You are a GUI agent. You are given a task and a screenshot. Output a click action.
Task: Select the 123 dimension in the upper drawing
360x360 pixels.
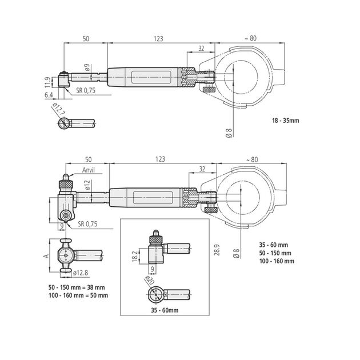coord(158,38)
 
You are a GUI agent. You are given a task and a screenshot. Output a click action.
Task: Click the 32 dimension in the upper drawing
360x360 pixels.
coord(201,49)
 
